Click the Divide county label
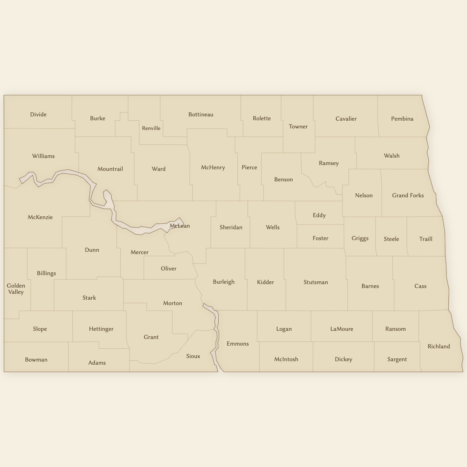pos(38,114)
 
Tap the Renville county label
pos(151,128)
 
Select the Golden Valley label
pos(16,289)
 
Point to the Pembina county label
pos(402,119)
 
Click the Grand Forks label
pos(408,195)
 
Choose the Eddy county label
pos(319,215)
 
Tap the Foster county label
pos(320,238)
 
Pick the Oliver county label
pos(169,269)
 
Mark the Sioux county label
pos(193,356)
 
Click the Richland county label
pos(439,346)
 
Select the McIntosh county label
pos(286,359)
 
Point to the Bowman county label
pos(36,360)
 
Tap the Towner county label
pos(298,126)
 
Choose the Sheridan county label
pos(231,227)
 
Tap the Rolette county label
pos(262,118)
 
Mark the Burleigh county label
pos(224,282)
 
